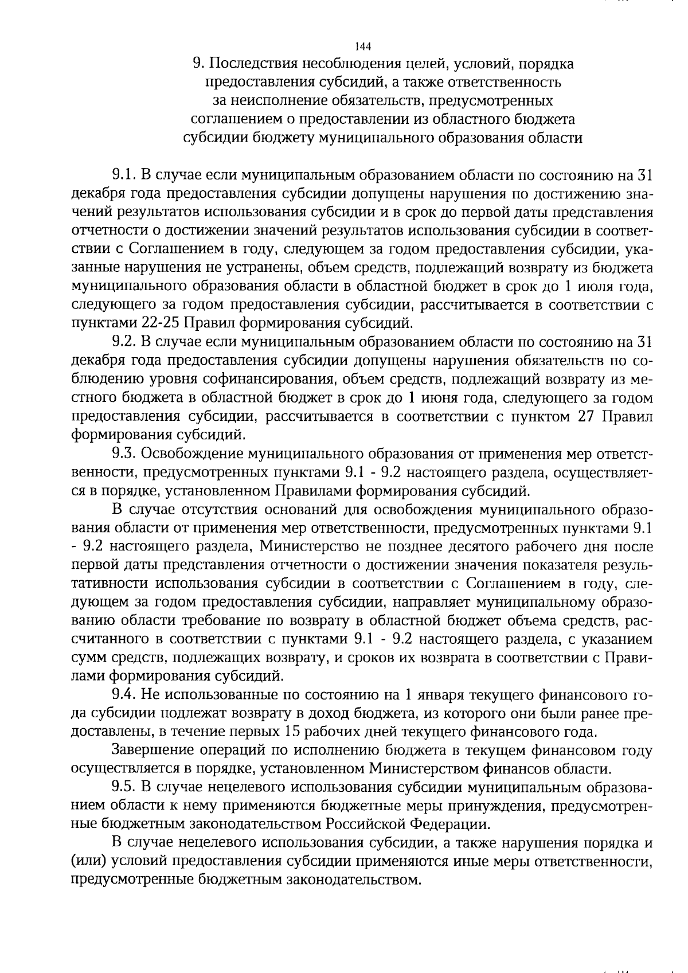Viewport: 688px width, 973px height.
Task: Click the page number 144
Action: point(363,46)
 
